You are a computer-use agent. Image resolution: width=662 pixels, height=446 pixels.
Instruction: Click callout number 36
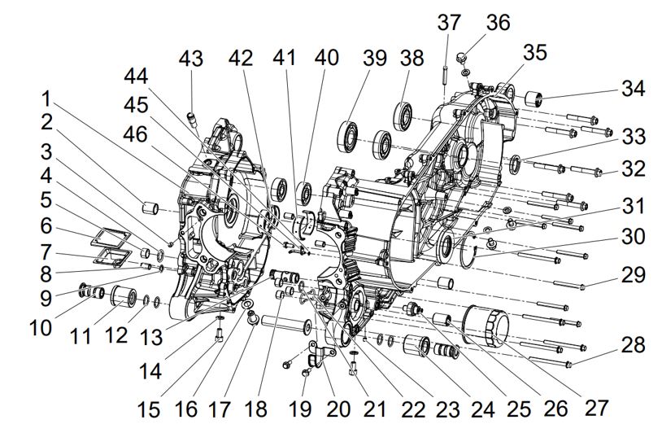pos(498,22)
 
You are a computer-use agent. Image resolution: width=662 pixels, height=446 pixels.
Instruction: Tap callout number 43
pos(191,59)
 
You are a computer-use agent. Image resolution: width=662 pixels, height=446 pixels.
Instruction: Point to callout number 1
pos(47,98)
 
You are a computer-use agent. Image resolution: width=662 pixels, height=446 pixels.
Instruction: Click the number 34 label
pos(633,89)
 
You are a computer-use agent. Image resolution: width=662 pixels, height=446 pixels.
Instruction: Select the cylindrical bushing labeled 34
pos(534,100)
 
